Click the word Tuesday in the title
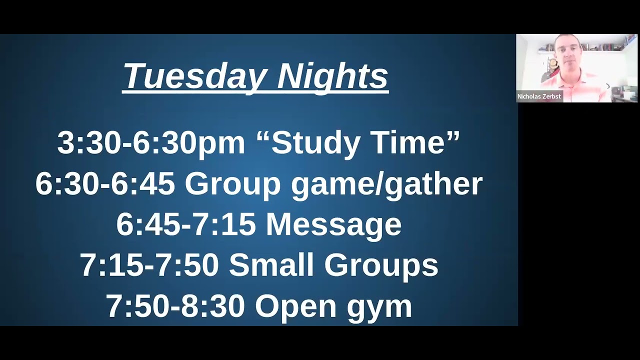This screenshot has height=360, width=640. tap(195, 76)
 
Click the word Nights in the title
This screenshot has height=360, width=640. tap(332, 76)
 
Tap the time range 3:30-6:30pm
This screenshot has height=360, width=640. tap(151, 142)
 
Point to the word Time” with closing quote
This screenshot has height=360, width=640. tap(416, 142)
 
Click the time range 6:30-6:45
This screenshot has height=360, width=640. tap(105, 183)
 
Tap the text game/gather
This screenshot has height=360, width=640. tap(386, 184)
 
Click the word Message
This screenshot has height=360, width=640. tap(333, 225)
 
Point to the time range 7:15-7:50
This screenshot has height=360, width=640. tap(149, 265)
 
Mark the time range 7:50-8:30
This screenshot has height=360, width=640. tap(175, 306)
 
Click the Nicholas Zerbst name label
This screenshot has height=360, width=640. tap(539, 96)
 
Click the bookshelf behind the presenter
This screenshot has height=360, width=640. tap(602, 46)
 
